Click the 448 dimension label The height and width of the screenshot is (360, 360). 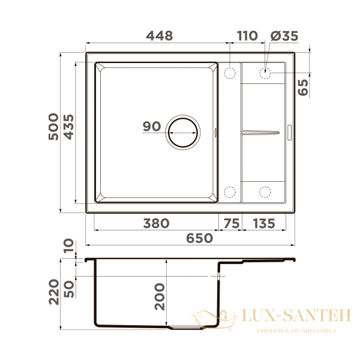[x=160, y=36]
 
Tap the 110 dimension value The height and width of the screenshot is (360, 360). [x=247, y=36]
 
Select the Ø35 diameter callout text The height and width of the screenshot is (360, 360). [x=284, y=36]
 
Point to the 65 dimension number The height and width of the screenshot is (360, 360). [x=303, y=88]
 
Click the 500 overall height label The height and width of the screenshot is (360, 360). [x=53, y=127]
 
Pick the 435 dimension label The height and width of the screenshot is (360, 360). [x=68, y=127]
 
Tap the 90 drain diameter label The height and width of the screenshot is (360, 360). [x=152, y=126]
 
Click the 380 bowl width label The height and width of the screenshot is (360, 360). [x=156, y=223]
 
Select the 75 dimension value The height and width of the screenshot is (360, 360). [x=232, y=223]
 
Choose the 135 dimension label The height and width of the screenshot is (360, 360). [x=264, y=223]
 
